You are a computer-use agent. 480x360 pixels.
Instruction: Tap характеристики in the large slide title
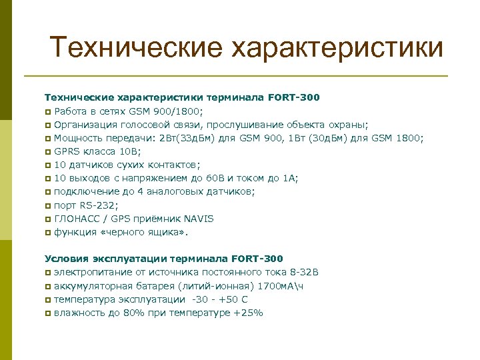pyautogui.click(x=337, y=47)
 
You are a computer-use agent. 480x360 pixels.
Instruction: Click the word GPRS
pyautogui.click(x=67, y=151)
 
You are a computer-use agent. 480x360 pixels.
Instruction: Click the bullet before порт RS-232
pyautogui.click(x=48, y=206)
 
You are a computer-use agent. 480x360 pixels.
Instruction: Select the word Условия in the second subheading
pyautogui.click(x=67, y=259)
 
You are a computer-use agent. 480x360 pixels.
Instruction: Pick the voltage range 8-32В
pyautogui.click(x=302, y=272)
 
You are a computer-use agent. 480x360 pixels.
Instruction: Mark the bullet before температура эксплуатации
pyautogui.click(x=48, y=300)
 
